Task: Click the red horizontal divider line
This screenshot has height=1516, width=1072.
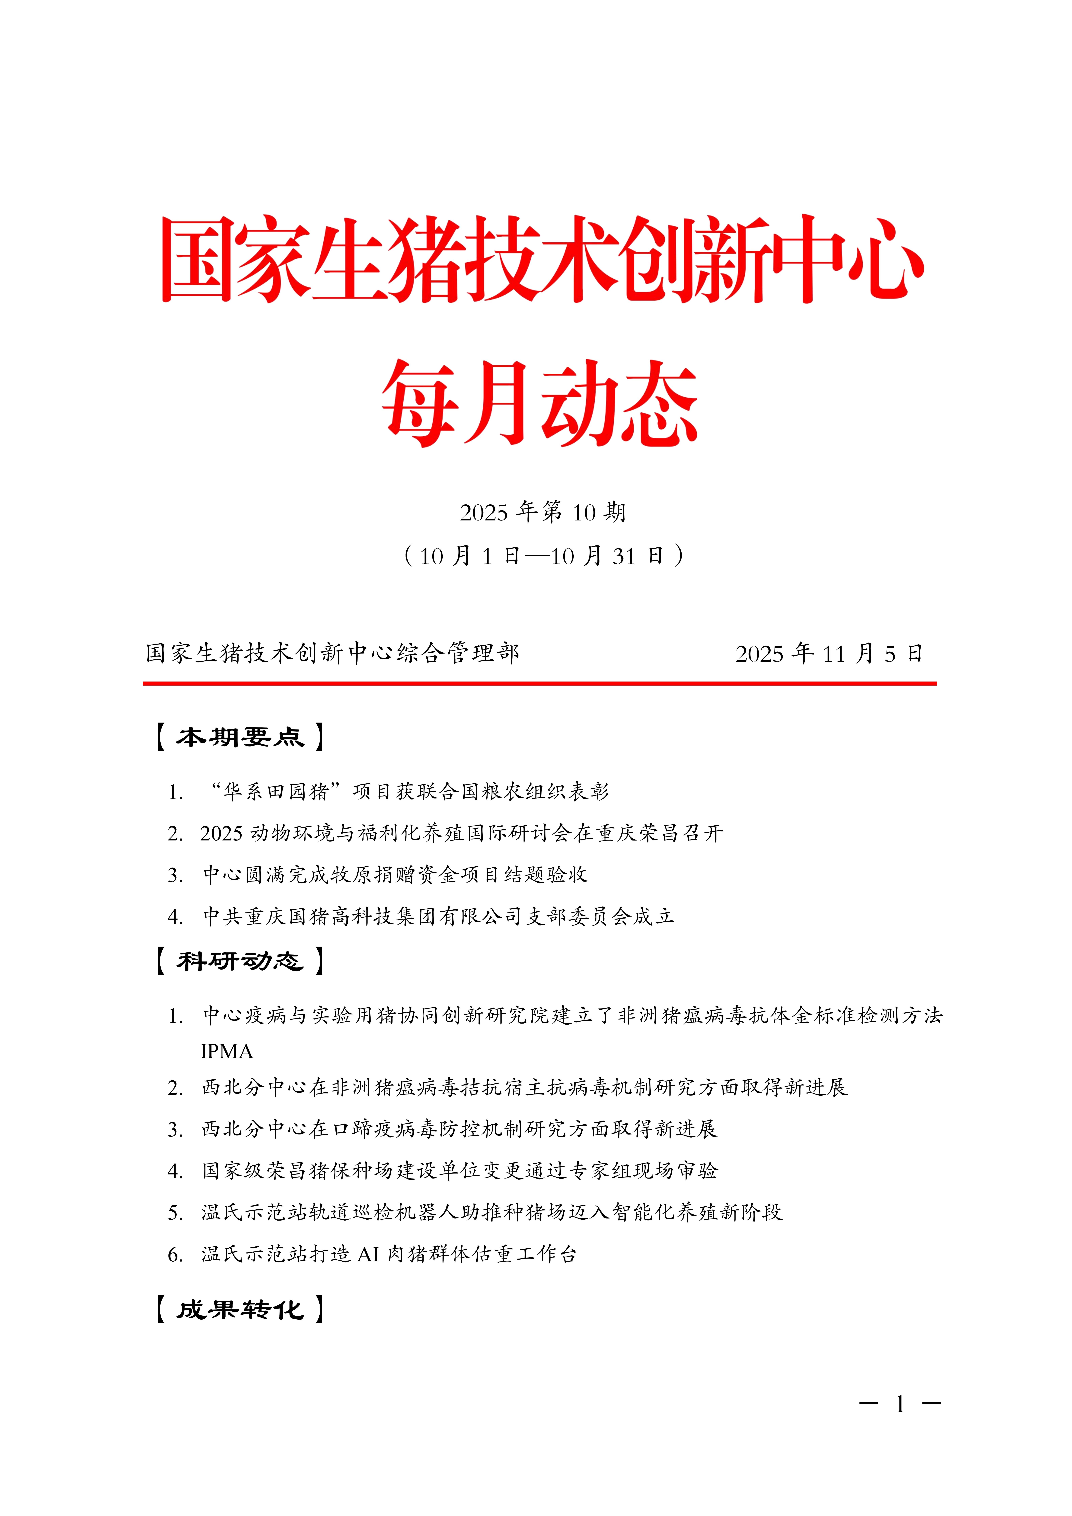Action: tap(539, 683)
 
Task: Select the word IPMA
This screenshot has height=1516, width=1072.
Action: tap(226, 1051)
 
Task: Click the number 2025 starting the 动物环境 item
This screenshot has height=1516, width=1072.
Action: tap(222, 833)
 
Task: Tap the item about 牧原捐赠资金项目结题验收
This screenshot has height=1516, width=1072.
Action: tap(395, 875)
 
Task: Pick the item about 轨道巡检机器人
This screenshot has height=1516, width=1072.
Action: tap(492, 1212)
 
